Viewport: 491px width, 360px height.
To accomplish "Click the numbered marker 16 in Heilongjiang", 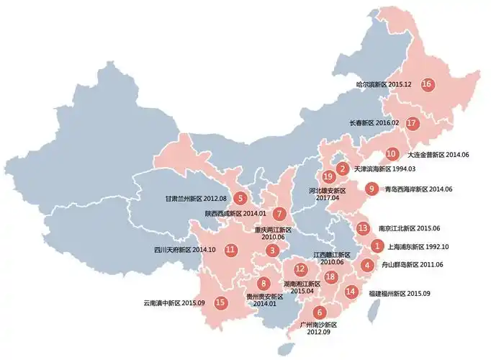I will coord(427,84).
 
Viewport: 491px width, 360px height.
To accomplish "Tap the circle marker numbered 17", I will coord(412,122).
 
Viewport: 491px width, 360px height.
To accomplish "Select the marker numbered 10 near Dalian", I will coord(391,153).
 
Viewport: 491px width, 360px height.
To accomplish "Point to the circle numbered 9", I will coord(371,189).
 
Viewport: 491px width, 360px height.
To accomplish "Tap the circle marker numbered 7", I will coord(279,213).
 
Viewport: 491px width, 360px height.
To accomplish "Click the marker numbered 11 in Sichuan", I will coord(230,250).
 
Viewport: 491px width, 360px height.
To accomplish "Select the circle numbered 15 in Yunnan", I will coord(220,303).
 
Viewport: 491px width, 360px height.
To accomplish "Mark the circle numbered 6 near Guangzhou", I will coord(320,312).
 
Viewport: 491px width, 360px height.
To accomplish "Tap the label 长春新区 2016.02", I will coord(374,123).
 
